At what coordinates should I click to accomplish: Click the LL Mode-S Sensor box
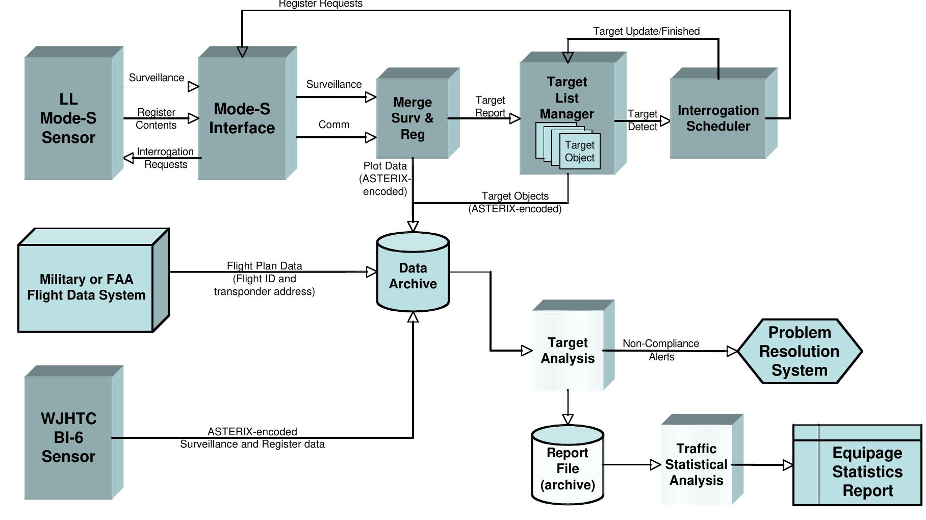click(68, 118)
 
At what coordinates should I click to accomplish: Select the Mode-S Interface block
click(242, 118)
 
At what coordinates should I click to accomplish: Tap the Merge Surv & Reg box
click(413, 118)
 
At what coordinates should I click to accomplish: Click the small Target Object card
click(580, 152)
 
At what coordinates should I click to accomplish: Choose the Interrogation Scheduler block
click(718, 118)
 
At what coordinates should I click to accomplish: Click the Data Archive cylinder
click(413, 276)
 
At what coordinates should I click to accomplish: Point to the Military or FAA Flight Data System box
click(86, 287)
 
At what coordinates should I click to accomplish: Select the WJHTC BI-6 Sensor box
click(68, 437)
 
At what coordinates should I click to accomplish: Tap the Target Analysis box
click(568, 350)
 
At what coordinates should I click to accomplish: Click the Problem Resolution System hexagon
click(800, 351)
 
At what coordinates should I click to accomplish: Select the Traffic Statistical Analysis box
click(696, 464)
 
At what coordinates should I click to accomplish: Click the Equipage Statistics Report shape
click(867, 472)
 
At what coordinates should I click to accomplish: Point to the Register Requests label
click(320, 4)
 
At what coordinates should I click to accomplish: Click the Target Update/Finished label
click(646, 31)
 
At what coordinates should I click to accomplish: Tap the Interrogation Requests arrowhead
click(128, 158)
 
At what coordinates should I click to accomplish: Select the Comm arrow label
click(334, 125)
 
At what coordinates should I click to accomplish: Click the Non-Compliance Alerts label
click(661, 350)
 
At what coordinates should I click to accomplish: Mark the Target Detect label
click(642, 120)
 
